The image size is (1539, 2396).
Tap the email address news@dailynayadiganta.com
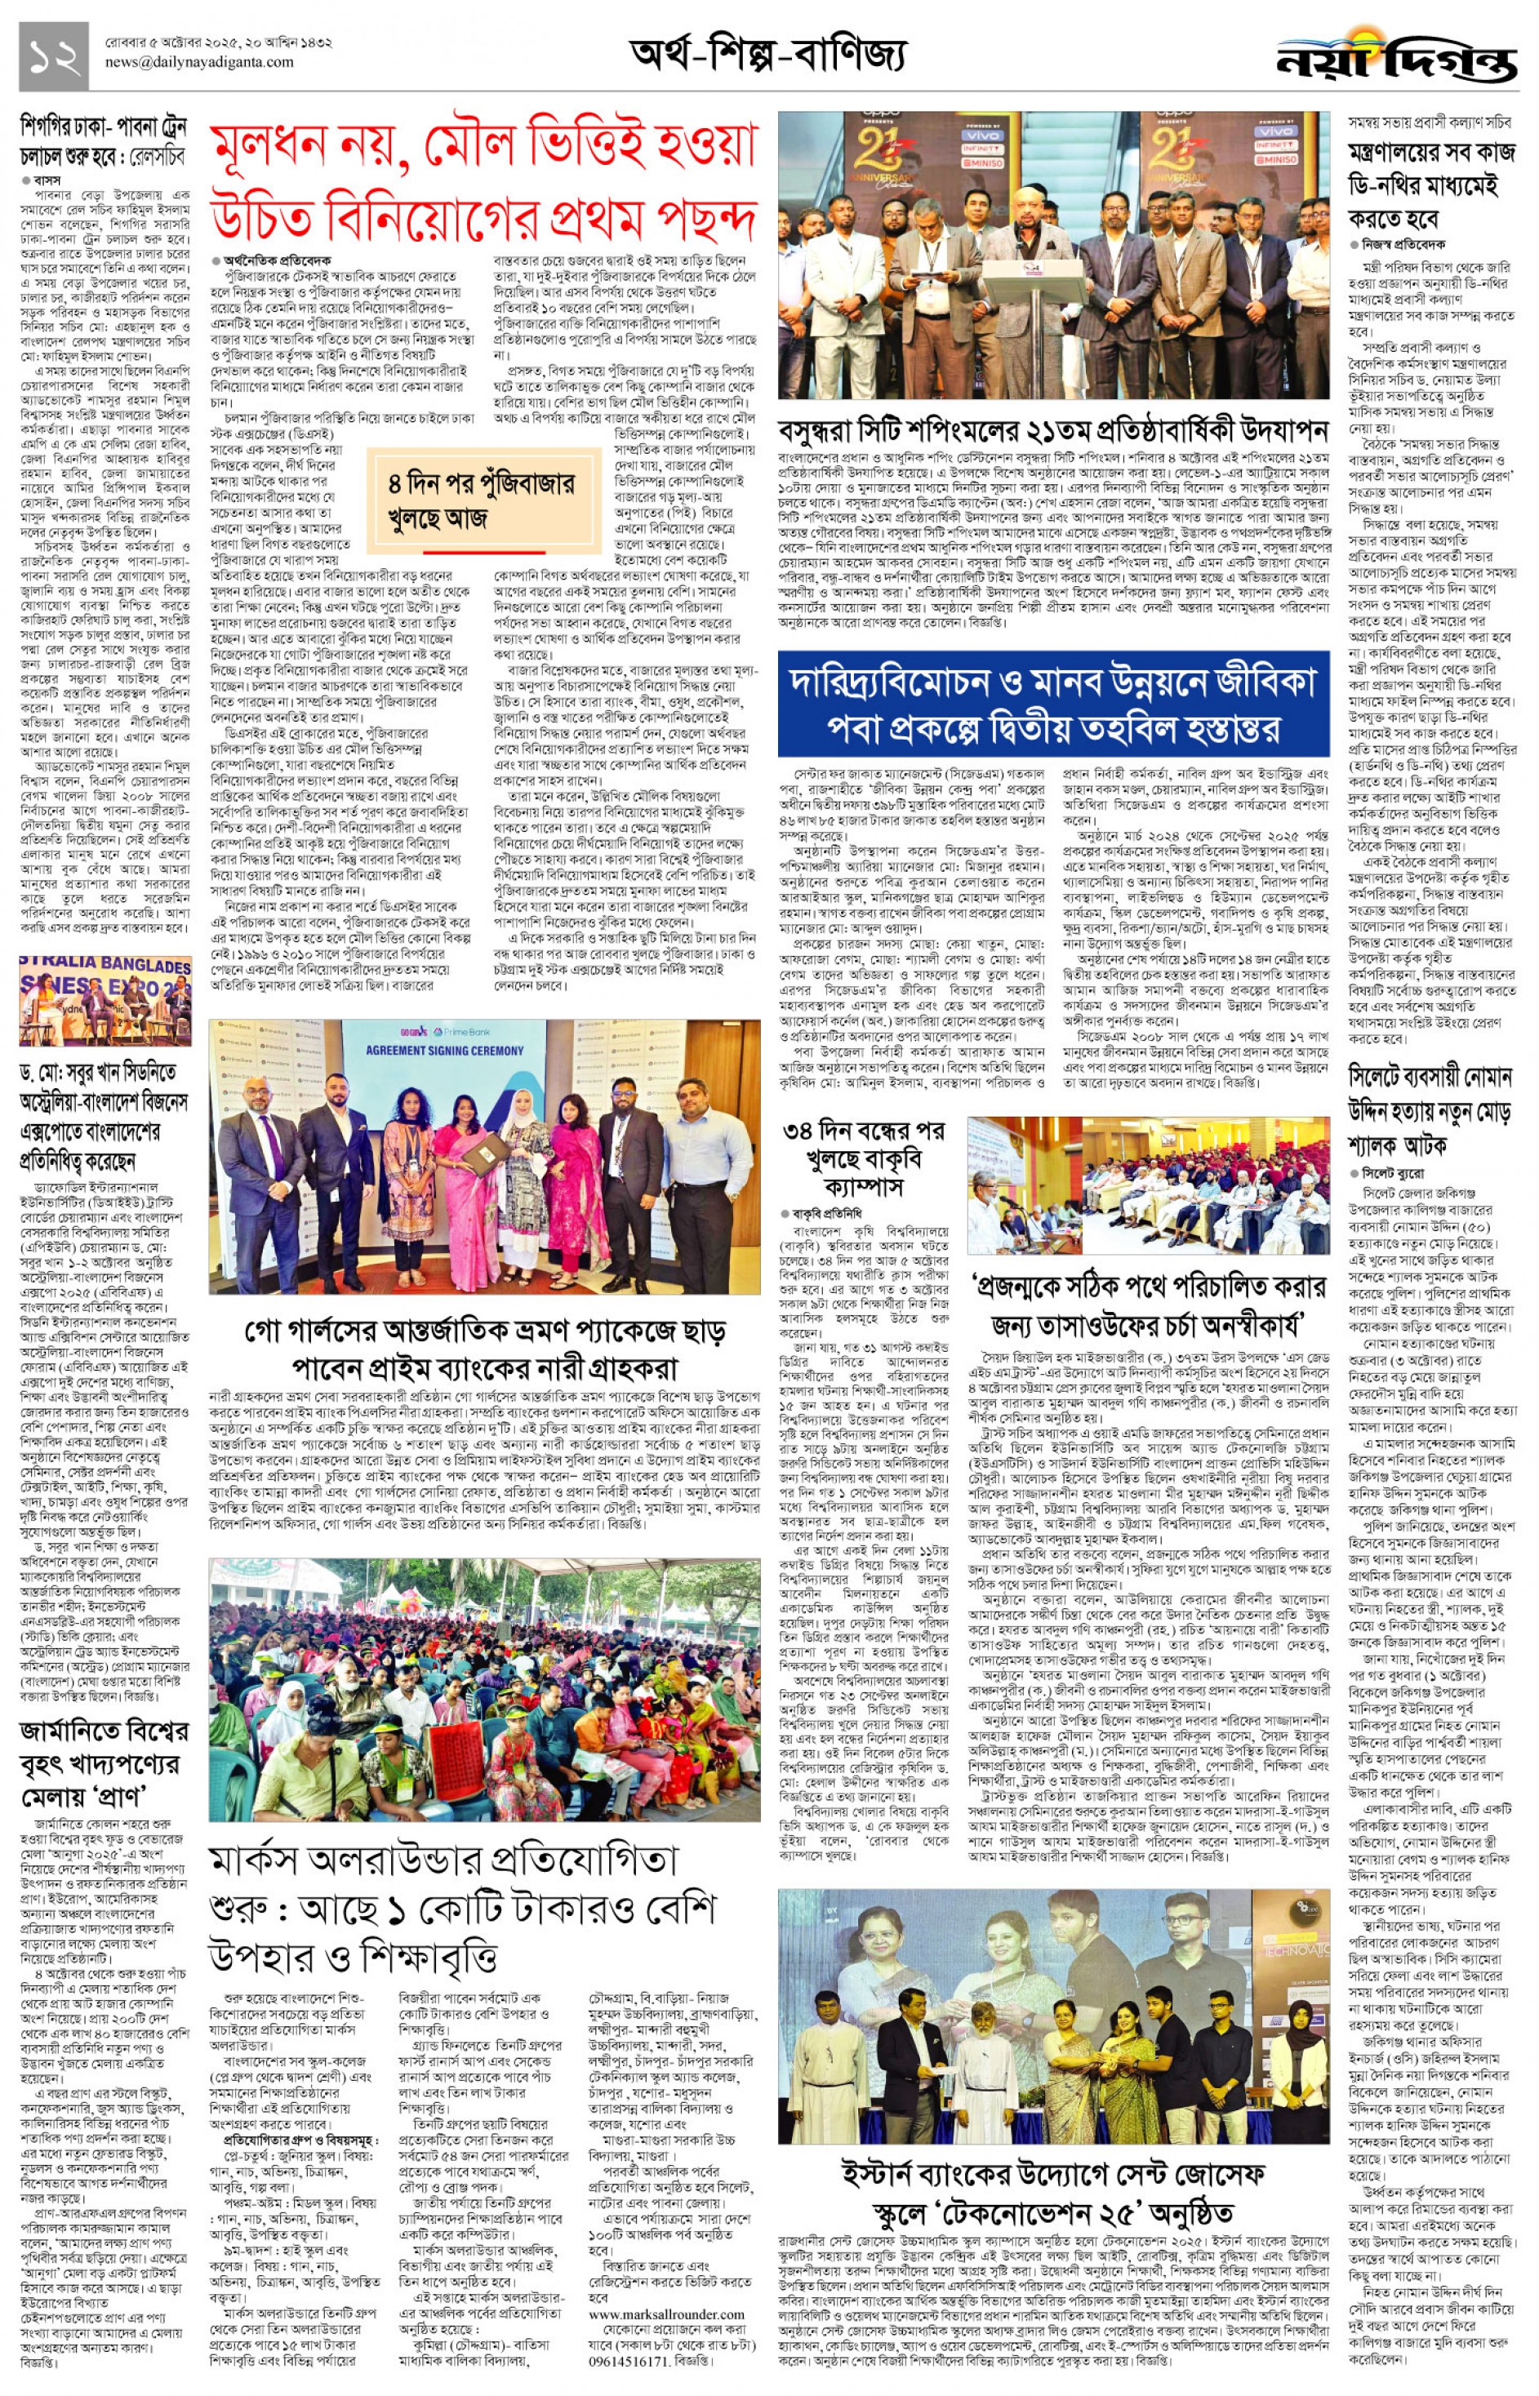[199, 62]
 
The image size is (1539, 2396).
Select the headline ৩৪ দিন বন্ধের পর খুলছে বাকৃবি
[864, 1158]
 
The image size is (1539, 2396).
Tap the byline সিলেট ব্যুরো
[1392, 1173]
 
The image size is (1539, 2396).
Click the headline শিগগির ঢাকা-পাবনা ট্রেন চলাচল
[104, 142]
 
